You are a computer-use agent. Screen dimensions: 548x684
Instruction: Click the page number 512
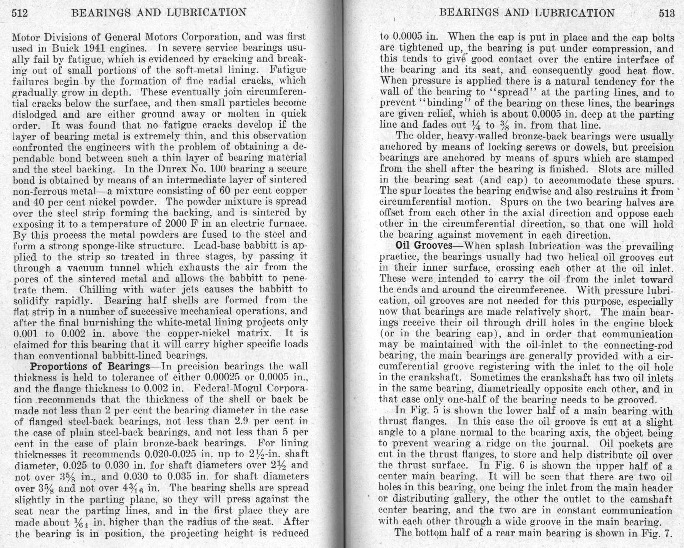point(20,13)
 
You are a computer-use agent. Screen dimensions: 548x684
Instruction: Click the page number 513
point(667,13)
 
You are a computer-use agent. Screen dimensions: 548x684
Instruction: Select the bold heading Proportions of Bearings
point(89,366)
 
